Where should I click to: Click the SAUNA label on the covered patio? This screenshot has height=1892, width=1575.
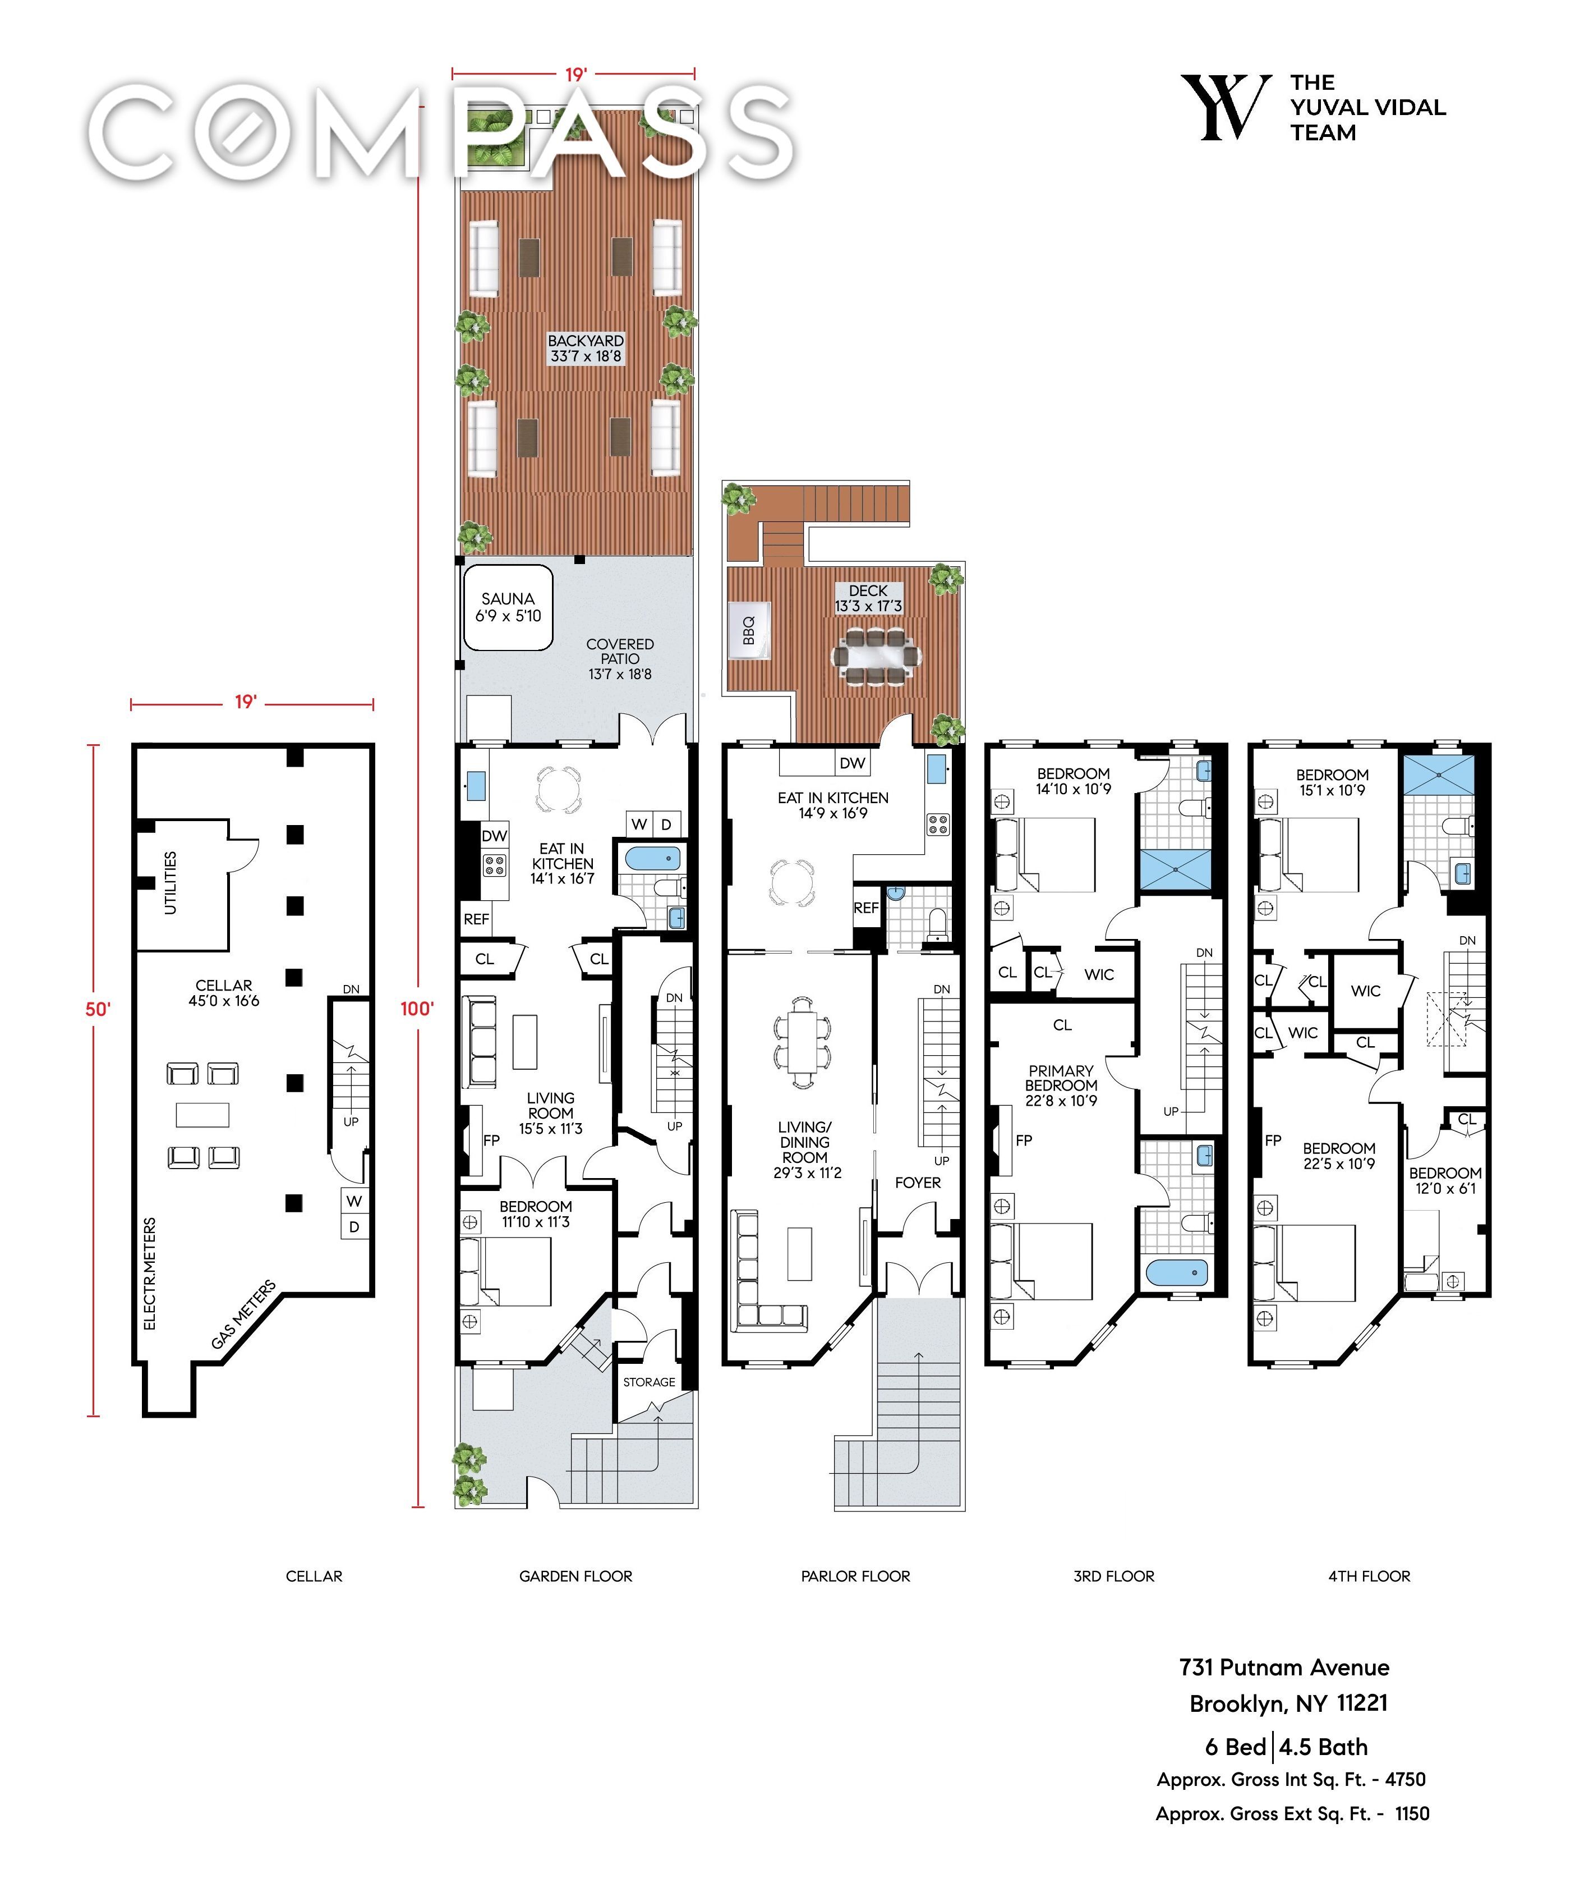(508, 598)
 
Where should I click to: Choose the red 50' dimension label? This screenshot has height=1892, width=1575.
(97, 1009)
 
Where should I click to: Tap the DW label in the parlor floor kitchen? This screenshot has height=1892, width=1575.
(852, 763)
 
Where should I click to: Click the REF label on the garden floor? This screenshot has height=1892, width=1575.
(476, 919)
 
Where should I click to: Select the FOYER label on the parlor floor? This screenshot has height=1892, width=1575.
(918, 1182)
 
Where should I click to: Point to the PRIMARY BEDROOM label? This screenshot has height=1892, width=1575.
(1061, 1078)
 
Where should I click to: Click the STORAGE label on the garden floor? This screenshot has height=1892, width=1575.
(650, 1382)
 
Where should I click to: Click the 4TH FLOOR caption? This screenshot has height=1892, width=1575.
(1369, 1576)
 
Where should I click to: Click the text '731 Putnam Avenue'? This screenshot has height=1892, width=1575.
(1284, 1667)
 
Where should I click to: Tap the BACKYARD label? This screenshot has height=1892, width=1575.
(586, 341)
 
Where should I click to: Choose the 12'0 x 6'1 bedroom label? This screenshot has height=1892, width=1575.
(1445, 1188)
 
